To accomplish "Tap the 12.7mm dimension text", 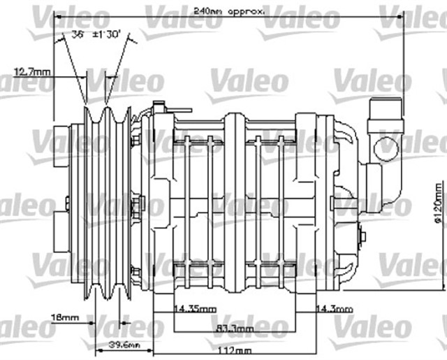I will pyautogui.click(x=32, y=71).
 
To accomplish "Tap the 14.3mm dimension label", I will pyautogui.click(x=335, y=308).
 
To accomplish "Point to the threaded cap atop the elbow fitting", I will pyautogui.click(x=384, y=113).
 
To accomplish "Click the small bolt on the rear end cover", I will pyautogui.click(x=361, y=236).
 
